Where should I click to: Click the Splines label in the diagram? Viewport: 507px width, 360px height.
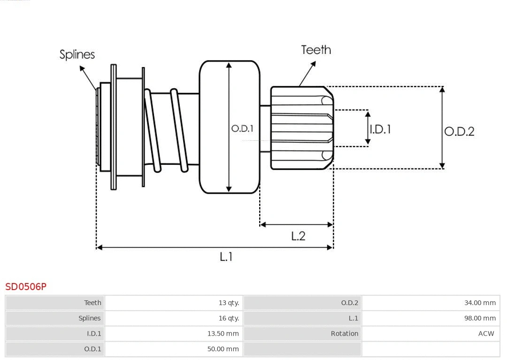coord(77,54)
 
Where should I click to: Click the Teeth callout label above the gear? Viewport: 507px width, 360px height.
coord(316,50)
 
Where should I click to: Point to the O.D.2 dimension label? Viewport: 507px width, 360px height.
coord(459,131)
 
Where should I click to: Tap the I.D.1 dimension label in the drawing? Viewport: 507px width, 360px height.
coord(380,129)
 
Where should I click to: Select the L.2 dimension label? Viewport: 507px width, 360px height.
coord(298,236)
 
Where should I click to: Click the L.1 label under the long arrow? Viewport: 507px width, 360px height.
coord(226,256)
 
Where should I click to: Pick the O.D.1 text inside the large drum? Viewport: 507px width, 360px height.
coord(242,128)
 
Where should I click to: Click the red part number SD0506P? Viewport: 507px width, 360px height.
coord(26,286)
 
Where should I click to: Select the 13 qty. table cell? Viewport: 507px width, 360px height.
coord(229,303)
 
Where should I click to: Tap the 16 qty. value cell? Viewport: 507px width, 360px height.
coord(229,318)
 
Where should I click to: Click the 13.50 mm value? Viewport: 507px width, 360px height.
coord(223,334)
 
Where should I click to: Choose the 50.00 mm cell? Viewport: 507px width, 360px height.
coord(223,349)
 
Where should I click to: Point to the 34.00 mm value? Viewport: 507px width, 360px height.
coord(480,303)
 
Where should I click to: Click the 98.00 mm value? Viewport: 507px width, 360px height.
coord(480,318)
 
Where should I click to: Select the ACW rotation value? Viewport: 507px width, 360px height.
coord(486,334)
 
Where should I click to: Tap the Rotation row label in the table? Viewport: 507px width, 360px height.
coord(344,334)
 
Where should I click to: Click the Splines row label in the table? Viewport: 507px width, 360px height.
coord(89,318)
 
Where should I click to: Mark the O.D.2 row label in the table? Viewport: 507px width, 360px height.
coord(349,303)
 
